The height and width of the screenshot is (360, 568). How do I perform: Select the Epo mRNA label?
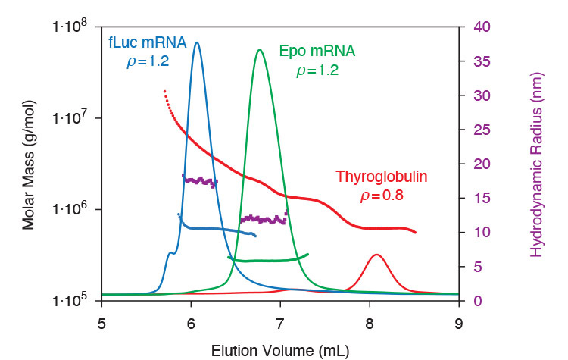[x=317, y=52]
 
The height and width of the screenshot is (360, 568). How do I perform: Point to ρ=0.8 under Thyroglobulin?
[x=382, y=196]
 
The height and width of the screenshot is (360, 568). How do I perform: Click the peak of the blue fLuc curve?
[x=198, y=42]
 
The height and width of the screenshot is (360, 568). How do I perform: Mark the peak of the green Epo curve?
[x=260, y=50]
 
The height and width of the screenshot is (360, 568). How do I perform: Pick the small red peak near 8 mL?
[x=376, y=255]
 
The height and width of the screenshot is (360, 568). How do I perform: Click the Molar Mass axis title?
[x=29, y=163]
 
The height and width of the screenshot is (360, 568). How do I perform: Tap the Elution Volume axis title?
[x=280, y=349]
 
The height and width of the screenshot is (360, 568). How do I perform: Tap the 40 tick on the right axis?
[x=482, y=27]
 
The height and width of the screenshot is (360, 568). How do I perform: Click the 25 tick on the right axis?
[x=482, y=130]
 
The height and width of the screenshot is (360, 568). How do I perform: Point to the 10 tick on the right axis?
[x=482, y=233]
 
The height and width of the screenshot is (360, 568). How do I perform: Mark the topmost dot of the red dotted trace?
[x=164, y=91]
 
